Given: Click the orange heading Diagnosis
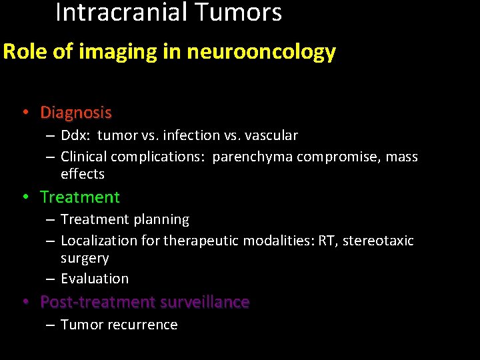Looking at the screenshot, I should pos(76,113).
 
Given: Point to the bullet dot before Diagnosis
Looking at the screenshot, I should pos(25,113).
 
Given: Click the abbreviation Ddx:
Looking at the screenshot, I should pos(76,135).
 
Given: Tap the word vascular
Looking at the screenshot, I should pos(271,135).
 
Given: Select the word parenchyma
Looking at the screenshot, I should pos(253,157).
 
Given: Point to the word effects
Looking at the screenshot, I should pos(83,174).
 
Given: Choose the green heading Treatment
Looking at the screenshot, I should pos(80,197).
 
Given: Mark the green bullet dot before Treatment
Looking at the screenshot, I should pos(25,197).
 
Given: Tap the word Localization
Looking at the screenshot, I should pos(98,241).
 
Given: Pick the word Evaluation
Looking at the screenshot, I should pos(95,279).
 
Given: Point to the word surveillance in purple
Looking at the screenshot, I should pos(205,302).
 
